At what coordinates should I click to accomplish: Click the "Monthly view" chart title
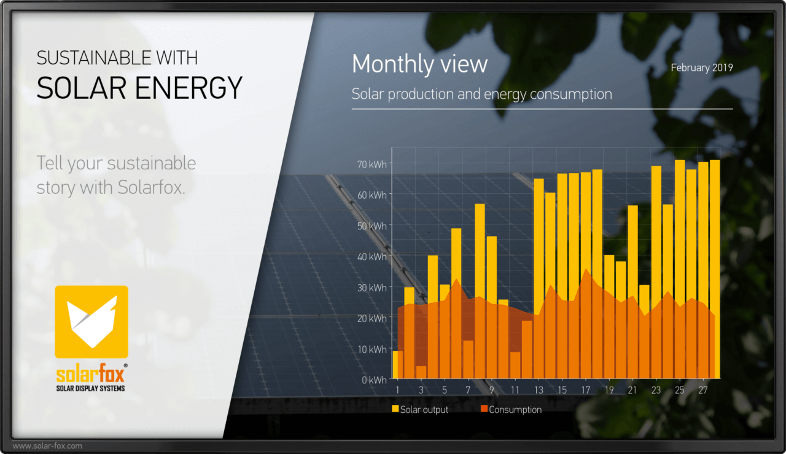coord(420,64)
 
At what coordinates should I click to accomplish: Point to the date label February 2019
coord(701,68)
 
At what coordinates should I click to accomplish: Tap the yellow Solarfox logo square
coord(91,321)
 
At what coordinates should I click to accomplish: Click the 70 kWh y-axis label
coord(372,164)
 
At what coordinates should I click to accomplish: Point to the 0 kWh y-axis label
coord(374,380)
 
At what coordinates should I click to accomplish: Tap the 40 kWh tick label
coord(372,256)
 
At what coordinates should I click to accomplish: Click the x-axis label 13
coord(539,390)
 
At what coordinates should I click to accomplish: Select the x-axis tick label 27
coord(704,390)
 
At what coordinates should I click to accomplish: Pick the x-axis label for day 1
coord(397,390)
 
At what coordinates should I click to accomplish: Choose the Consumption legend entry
coord(511,409)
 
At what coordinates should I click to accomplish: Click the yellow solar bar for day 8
coord(480,258)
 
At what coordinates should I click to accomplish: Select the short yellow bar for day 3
coord(421,372)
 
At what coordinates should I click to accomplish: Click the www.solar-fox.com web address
coord(47,446)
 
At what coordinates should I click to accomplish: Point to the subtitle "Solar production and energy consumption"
coord(481,94)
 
